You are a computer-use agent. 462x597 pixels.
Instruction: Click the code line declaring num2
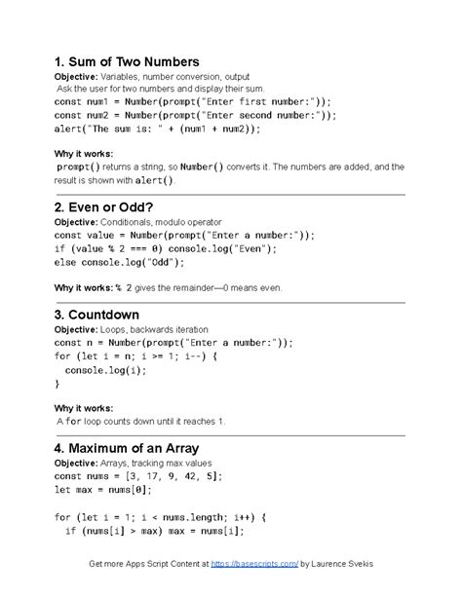pyautogui.click(x=196, y=115)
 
